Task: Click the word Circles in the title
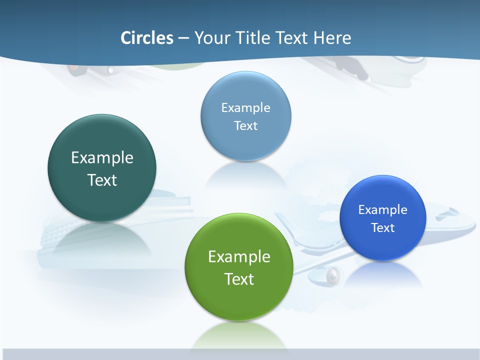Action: (x=147, y=38)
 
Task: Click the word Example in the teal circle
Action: (x=102, y=157)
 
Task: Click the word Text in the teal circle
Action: (x=102, y=180)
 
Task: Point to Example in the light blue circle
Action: (x=245, y=107)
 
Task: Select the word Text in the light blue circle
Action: (x=245, y=125)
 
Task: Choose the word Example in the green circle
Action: (x=239, y=256)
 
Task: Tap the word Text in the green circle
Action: (x=239, y=279)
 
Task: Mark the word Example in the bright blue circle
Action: (x=383, y=209)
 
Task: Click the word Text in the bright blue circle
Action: (x=383, y=227)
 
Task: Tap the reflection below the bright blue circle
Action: (x=382, y=272)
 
